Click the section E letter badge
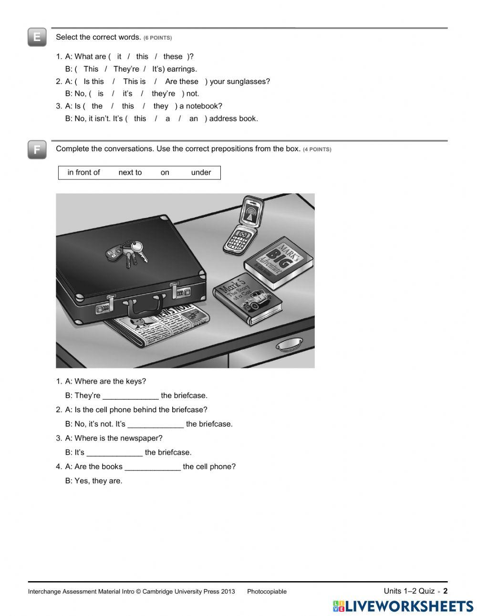37,37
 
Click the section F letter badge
37,149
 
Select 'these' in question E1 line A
173,56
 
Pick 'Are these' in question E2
181,81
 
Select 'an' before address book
193,118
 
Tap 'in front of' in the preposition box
83,172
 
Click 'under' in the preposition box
201,172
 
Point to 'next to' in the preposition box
130,172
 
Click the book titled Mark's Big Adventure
279,261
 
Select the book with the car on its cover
248,299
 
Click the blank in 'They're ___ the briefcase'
130,396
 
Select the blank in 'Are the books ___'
153,467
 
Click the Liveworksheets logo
403,606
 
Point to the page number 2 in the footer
446,591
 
